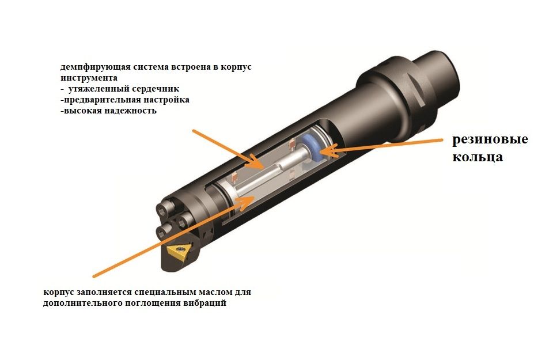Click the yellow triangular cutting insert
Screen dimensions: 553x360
click(x=179, y=251)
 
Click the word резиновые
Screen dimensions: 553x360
click(x=490, y=139)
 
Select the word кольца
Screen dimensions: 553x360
click(x=478, y=157)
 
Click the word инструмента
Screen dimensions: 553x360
click(x=89, y=78)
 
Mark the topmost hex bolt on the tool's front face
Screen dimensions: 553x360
click(x=165, y=210)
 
